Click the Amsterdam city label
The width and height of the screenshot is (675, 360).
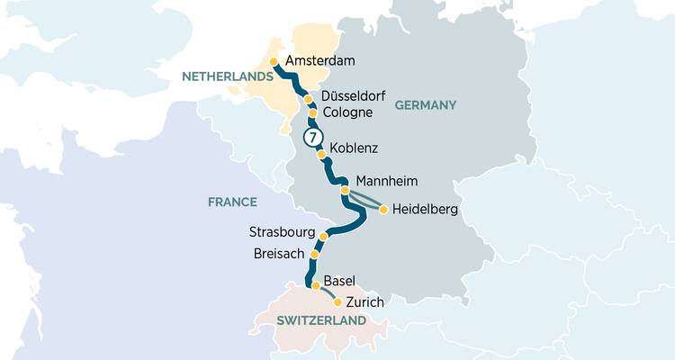point(319,61)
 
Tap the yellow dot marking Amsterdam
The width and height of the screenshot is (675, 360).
point(274,62)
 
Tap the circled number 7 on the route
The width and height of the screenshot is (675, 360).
point(311,138)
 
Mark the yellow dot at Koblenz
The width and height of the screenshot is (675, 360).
point(321,154)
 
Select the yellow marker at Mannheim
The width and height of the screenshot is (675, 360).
point(345,190)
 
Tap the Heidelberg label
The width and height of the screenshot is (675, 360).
point(426,211)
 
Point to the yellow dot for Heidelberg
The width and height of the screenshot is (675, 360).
point(383,210)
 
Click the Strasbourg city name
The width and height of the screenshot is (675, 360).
point(283,233)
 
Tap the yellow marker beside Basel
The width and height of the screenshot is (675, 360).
point(315,285)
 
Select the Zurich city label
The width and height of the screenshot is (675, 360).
point(365,301)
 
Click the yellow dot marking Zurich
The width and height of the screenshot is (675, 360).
point(337,302)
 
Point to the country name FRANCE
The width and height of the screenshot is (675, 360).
point(232,202)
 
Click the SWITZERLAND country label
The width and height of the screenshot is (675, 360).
point(321,320)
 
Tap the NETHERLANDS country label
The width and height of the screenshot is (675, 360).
point(227,78)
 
